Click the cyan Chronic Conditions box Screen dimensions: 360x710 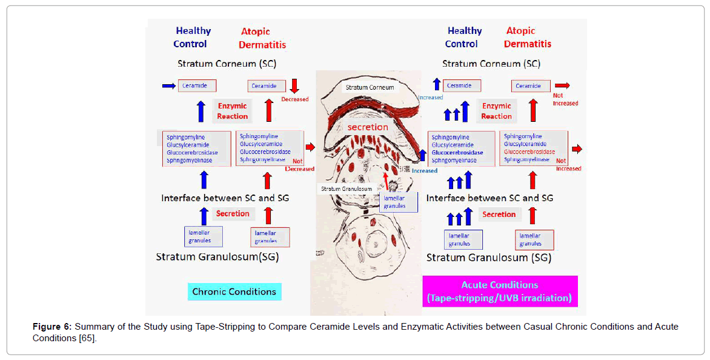coord(234,292)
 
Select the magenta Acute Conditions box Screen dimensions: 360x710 coord(499,292)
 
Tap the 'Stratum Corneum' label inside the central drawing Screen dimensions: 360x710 coord(370,87)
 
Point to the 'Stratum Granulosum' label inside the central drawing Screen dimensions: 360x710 coord(346,188)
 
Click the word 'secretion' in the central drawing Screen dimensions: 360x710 coord(367,127)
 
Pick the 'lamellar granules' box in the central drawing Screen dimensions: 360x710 coord(399,202)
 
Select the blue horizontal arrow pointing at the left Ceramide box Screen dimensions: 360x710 coord(169,86)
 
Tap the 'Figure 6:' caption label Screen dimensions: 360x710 coord(52,327)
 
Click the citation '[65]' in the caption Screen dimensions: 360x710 coord(85,338)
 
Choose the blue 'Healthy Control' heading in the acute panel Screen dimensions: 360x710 coord(464,37)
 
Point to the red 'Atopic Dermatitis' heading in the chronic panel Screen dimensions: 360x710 coord(262,38)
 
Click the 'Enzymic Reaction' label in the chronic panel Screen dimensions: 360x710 coord(233,111)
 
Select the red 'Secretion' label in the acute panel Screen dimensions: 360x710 coord(499,214)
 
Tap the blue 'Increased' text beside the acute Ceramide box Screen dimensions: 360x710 coord(430,98)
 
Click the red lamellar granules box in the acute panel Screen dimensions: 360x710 coord(534,239)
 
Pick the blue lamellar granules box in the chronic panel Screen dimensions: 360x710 coord(203,236)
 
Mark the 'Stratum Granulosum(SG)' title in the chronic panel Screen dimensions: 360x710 coord(217,256)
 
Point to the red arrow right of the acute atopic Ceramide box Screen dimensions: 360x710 coord(562,85)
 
